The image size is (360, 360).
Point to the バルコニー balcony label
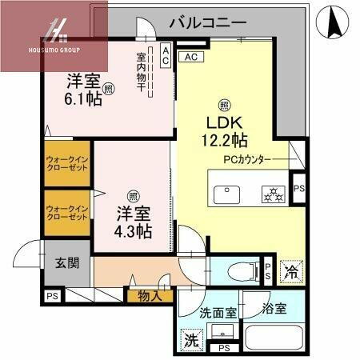point(207,22)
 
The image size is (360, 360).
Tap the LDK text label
point(225,126)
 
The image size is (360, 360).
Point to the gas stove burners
point(273,194)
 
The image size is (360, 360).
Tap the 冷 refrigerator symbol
point(292,271)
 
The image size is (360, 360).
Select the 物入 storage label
point(149,296)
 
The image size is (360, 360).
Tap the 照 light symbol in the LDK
point(226,105)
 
